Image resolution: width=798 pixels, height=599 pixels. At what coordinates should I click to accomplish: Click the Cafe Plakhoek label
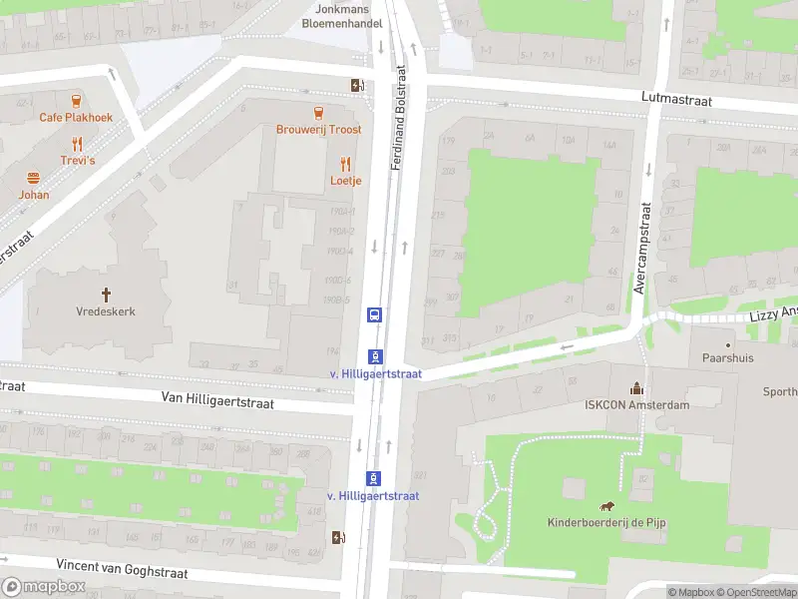pos(76,117)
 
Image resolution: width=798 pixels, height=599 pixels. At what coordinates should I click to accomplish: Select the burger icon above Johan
pos(33,178)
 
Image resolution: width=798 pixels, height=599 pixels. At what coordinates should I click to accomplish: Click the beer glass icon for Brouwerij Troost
pos(318,113)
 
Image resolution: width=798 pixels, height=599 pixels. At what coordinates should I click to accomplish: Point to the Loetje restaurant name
pos(345,181)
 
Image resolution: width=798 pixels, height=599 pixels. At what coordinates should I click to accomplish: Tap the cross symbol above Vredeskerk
pos(106,294)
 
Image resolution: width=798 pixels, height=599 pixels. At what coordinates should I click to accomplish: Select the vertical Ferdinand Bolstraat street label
pos(399,118)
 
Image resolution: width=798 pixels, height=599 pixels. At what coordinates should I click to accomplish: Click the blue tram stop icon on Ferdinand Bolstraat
pos(374,314)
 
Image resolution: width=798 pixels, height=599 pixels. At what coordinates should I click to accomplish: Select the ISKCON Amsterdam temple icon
pos(636,388)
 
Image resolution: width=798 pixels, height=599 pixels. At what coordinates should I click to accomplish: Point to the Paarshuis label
pos(727,356)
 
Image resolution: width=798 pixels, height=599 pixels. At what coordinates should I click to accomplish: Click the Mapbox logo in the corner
pos(45,587)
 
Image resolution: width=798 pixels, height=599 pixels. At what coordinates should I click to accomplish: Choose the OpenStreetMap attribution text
pos(755,592)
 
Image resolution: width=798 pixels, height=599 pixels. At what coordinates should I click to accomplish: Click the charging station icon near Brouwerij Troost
pos(356,85)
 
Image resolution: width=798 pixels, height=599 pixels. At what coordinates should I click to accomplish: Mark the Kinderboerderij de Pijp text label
pos(607,522)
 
